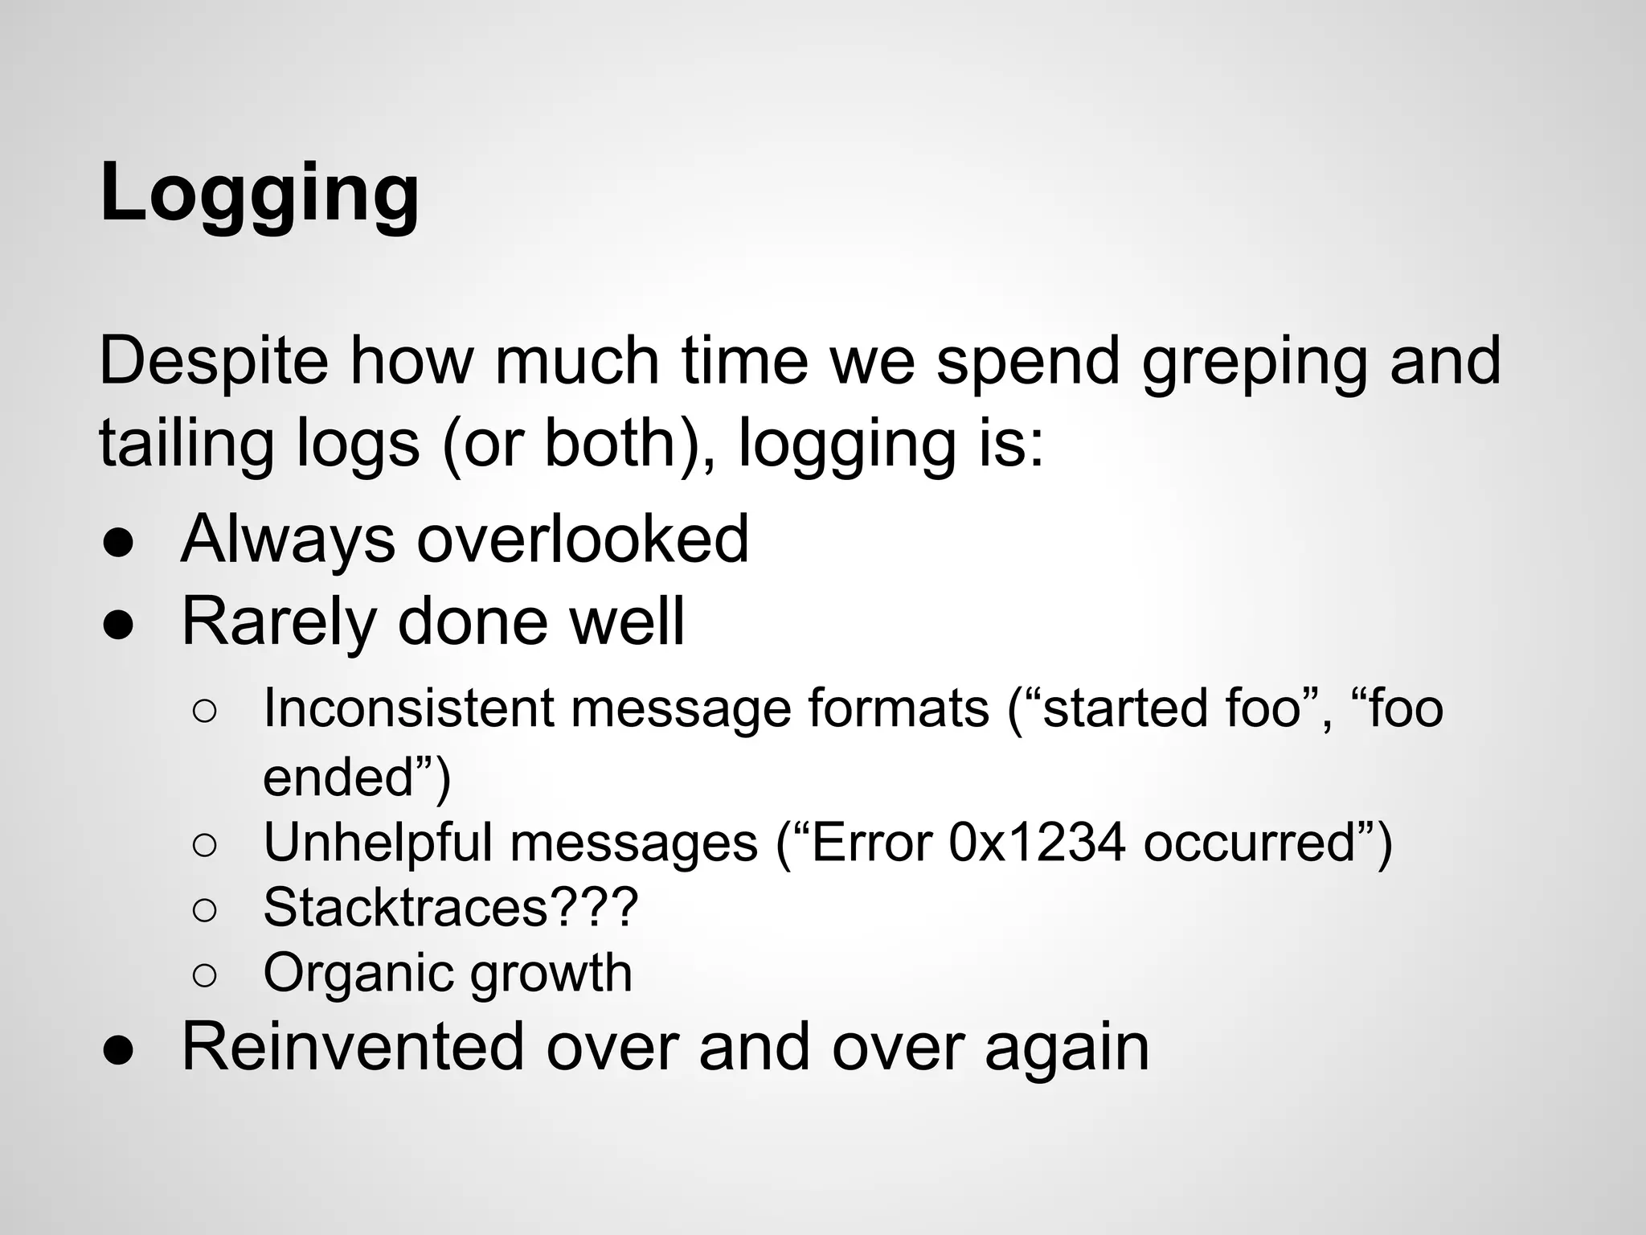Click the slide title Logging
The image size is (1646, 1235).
pyautogui.click(x=260, y=194)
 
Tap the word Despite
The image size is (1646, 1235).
pyautogui.click(x=214, y=361)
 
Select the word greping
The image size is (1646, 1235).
pyautogui.click(x=1254, y=363)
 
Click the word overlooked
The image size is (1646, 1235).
pyautogui.click(x=582, y=539)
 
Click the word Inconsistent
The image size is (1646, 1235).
pyautogui.click(x=408, y=708)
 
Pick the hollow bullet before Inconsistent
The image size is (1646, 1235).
pyautogui.click(x=205, y=712)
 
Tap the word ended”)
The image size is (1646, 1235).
pyautogui.click(x=357, y=778)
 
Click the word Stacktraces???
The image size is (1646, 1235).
pyautogui.click(x=450, y=907)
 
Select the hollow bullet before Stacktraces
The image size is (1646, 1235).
pyautogui.click(x=205, y=910)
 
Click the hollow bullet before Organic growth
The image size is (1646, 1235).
pyautogui.click(x=205, y=975)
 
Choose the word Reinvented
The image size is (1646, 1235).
pyautogui.click(x=353, y=1046)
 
